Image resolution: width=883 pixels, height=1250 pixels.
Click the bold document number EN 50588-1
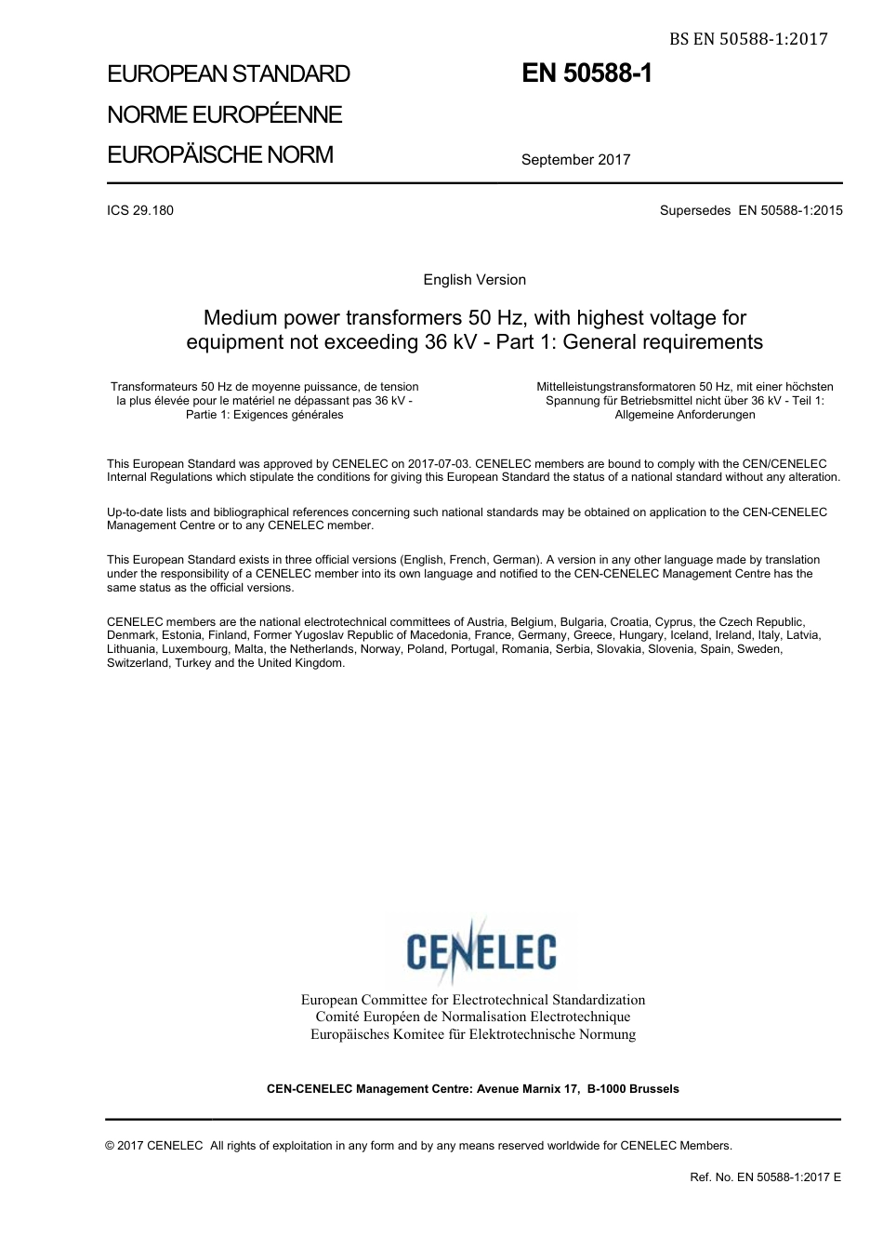(586, 73)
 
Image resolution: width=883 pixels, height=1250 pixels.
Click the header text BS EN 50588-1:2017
(747, 38)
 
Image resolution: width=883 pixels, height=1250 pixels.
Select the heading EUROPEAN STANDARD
(229, 74)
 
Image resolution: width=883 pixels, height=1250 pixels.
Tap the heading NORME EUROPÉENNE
(224, 114)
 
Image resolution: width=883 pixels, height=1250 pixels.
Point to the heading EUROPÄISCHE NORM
(220, 154)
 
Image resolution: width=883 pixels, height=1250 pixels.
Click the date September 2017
(575, 160)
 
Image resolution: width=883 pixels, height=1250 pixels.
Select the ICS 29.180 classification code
(140, 210)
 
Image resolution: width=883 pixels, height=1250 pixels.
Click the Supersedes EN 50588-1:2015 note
(751, 210)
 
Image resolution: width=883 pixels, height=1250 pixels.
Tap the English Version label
(474, 280)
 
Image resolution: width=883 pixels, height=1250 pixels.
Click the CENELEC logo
(481, 950)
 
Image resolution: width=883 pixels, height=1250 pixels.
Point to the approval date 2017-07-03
(439, 464)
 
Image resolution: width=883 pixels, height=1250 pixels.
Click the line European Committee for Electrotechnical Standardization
(472, 1000)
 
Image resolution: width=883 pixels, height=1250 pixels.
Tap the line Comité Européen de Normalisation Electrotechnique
(472, 1017)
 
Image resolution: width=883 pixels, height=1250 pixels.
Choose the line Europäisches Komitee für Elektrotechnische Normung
(472, 1034)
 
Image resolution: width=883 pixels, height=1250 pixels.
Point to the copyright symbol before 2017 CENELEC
(111, 1146)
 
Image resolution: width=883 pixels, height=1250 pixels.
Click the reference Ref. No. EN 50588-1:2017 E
(765, 1177)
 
